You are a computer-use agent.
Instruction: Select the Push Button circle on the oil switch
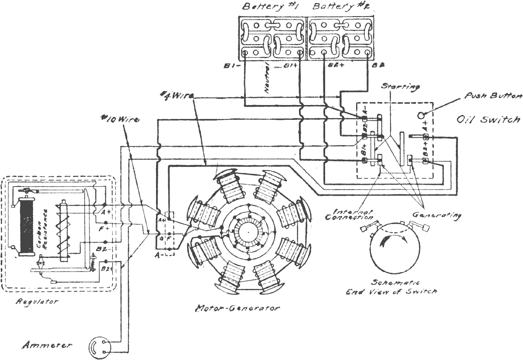click(x=421, y=116)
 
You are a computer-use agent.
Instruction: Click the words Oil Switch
click(x=488, y=119)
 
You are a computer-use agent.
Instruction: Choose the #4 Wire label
click(x=174, y=95)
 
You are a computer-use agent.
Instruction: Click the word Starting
click(x=401, y=87)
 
